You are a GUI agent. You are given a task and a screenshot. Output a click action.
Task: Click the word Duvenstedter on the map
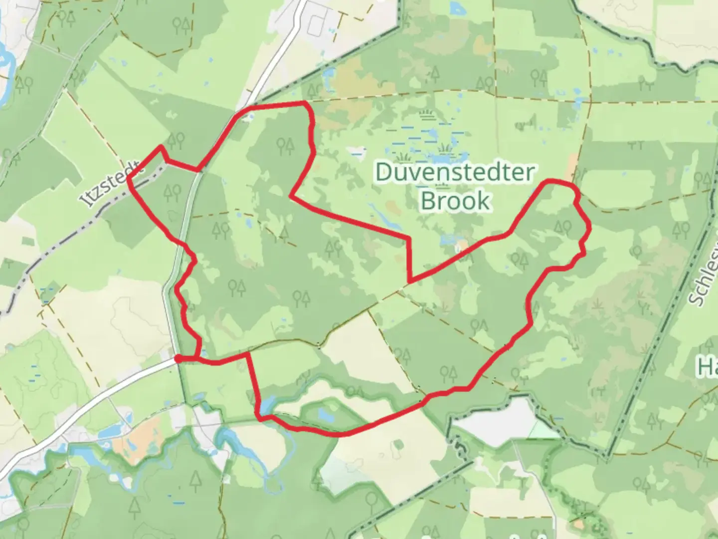tap(455, 173)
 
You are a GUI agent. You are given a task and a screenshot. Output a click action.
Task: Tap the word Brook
tap(455, 201)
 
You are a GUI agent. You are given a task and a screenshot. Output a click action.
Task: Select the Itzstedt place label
tap(111, 183)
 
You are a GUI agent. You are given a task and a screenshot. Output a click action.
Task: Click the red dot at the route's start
tap(178, 358)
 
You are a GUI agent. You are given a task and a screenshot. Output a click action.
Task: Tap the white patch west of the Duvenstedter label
tap(358, 150)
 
